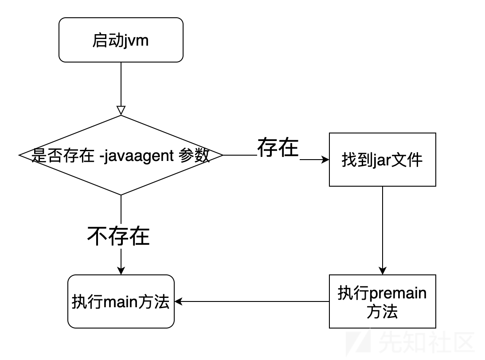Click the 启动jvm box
(x=121, y=40)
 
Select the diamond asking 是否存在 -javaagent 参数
(x=121, y=155)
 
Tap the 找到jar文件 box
(x=382, y=160)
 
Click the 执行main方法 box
(x=121, y=301)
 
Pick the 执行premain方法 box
(x=382, y=301)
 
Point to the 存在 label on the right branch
(x=278, y=148)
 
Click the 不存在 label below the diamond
(x=118, y=236)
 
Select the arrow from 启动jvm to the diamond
(x=121, y=84)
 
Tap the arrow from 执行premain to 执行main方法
(x=253, y=302)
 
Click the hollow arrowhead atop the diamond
(x=121, y=110)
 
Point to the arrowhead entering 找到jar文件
(x=325, y=160)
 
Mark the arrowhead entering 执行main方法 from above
(x=121, y=270)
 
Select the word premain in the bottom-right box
(x=397, y=293)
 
